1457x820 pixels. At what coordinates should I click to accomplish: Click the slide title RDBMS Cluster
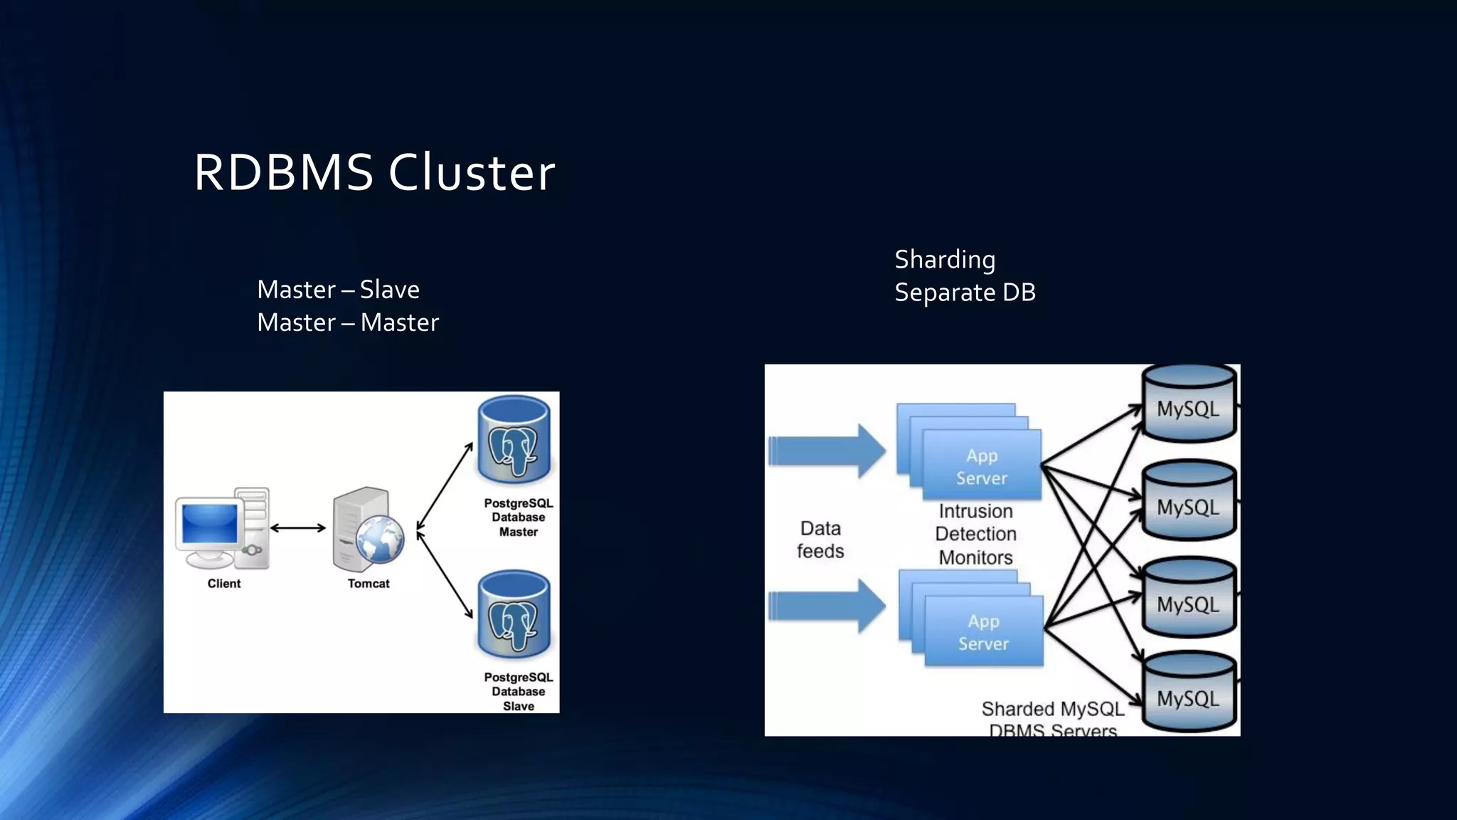point(374,172)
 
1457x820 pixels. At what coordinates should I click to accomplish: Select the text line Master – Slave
point(338,290)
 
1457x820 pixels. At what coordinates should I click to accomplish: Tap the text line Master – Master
point(348,322)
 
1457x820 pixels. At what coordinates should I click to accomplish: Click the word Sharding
point(945,259)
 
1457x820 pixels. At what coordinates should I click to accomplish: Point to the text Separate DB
point(965,292)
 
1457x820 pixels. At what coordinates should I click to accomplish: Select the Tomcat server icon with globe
point(367,530)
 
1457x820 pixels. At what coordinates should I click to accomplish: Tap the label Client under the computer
point(224,584)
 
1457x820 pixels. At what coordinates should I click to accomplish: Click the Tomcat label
point(369,584)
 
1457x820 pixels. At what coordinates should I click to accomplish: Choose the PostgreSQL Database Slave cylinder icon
point(514,615)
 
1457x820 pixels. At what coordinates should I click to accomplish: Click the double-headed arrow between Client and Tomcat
point(298,528)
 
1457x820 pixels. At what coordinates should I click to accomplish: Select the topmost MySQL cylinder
point(1188,404)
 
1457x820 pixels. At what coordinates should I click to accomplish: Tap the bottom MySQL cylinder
point(1188,693)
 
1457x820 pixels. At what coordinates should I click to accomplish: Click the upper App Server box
point(982,464)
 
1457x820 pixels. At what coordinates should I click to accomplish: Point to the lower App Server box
point(984,631)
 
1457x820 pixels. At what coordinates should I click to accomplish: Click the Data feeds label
point(820,540)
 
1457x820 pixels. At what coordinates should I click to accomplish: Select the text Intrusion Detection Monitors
point(975,534)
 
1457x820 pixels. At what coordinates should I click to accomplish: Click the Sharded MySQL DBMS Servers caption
point(1052,718)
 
